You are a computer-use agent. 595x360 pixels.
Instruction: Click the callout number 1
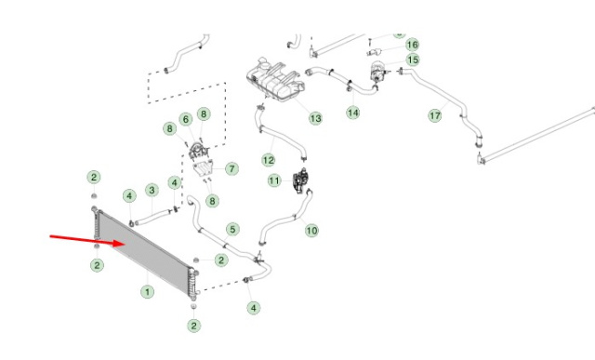click(147, 292)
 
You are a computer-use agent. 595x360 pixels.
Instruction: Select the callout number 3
click(152, 190)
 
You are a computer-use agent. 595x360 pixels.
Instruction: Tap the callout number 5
click(232, 230)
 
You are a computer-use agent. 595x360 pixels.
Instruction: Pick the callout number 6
click(186, 120)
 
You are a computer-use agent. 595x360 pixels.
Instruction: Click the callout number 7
click(231, 168)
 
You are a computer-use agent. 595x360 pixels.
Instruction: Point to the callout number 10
click(311, 231)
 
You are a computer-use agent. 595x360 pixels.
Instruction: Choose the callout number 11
click(274, 180)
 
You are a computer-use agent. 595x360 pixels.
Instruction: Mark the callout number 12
click(269, 160)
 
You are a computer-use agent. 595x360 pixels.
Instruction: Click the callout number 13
click(315, 118)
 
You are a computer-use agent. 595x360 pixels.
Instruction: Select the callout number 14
click(353, 113)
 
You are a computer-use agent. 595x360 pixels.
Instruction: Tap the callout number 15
click(413, 60)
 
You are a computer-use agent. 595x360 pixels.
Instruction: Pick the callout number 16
click(412, 45)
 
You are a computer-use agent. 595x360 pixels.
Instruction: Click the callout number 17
click(435, 115)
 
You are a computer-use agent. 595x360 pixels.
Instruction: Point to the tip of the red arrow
click(126, 244)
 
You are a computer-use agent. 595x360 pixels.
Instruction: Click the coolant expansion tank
click(275, 79)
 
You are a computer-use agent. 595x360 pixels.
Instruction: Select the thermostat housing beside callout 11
click(301, 180)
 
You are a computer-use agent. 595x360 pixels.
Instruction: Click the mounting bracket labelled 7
click(203, 168)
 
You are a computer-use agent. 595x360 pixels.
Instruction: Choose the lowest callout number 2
click(194, 326)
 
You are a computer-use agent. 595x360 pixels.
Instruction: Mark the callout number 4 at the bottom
click(254, 308)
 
